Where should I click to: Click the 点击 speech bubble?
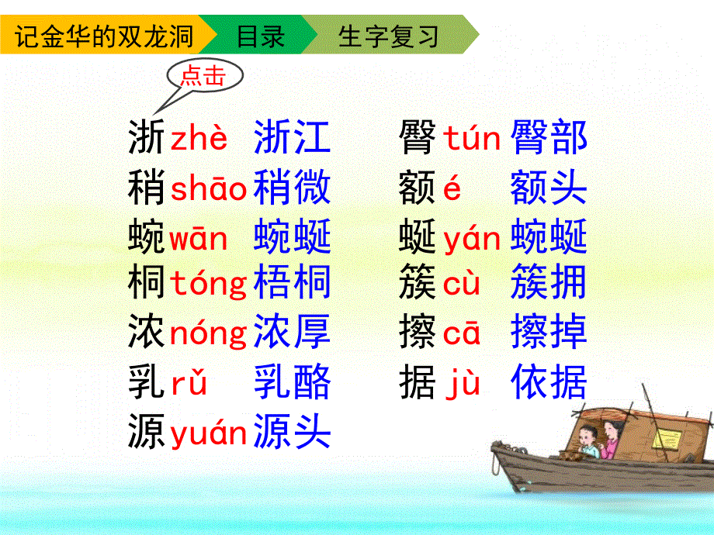pos(203,75)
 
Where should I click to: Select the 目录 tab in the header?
pos(261,36)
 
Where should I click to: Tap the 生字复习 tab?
pos(388,36)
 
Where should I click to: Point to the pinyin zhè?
pos(199,139)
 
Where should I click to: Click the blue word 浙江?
pos(292,139)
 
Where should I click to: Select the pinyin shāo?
pos(208,188)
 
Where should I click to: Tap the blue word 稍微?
pos(292,188)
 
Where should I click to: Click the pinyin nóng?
pos(208,333)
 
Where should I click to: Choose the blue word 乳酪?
pos(292,382)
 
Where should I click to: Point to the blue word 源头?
pos(292,431)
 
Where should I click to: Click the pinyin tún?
pos(472,139)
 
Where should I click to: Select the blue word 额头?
pos(549,188)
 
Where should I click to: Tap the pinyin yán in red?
pos(472,238)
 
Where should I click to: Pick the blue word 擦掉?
pos(549,333)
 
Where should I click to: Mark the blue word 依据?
pos(549,382)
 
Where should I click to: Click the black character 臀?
pos(418,139)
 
